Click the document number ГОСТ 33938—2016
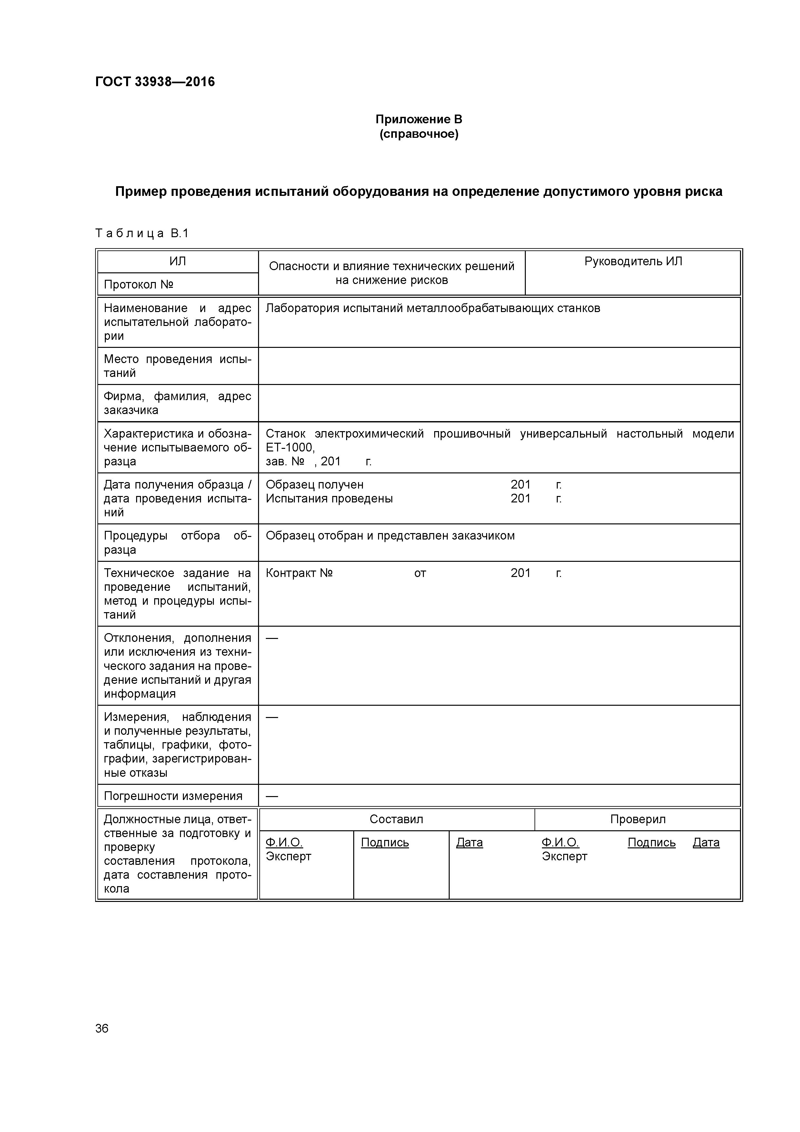click(155, 82)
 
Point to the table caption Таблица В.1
click(142, 233)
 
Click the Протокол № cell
click(138, 285)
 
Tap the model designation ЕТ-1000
click(289, 447)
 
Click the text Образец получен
click(315, 485)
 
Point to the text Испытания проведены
click(329, 499)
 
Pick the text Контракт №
click(299, 573)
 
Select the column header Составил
click(396, 819)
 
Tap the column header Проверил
click(637, 819)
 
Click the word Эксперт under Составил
click(288, 856)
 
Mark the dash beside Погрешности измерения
click(272, 796)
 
